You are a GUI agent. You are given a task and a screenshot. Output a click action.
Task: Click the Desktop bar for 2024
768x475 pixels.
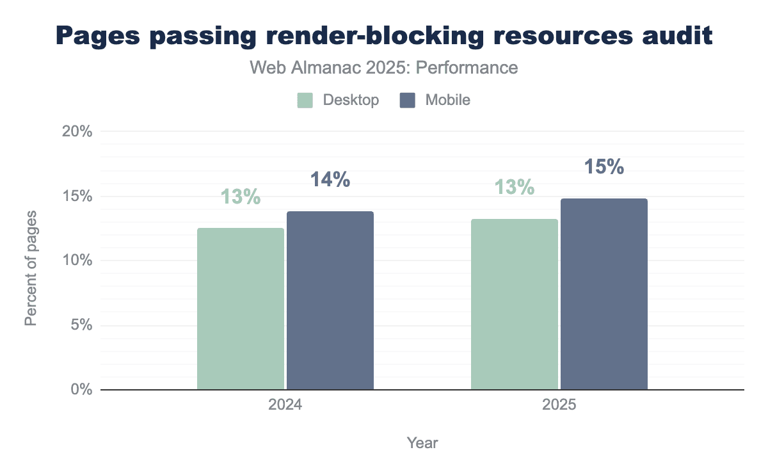click(x=241, y=309)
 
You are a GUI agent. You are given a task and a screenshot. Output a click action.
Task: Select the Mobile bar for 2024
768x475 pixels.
click(x=330, y=300)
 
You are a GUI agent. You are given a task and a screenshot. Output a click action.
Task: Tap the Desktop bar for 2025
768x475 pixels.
click(x=515, y=304)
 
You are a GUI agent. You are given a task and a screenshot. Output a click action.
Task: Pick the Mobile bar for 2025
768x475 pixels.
click(x=604, y=294)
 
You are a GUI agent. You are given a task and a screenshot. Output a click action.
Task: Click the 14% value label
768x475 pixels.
click(x=330, y=180)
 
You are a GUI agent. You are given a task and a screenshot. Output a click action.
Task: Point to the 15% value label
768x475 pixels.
click(x=604, y=167)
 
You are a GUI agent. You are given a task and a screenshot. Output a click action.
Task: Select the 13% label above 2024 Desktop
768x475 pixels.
click(x=241, y=197)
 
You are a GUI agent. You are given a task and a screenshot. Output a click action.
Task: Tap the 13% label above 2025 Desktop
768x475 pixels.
click(x=515, y=188)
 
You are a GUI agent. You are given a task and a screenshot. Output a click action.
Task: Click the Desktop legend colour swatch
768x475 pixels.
click(x=305, y=101)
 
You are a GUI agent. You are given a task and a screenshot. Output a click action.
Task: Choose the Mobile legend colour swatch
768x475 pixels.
click(x=408, y=101)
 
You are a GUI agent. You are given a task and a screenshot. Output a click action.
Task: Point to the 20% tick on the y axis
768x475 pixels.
click(x=77, y=132)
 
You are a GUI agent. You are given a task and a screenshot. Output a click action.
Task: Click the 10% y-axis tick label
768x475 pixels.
click(x=77, y=261)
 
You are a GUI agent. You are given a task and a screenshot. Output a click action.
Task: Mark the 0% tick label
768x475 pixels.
click(x=81, y=390)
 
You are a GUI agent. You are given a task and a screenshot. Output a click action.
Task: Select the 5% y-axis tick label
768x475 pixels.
click(x=81, y=325)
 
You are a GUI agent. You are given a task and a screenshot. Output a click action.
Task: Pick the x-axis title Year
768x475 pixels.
click(x=422, y=443)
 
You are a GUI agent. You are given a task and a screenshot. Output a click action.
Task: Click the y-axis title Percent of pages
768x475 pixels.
click(x=31, y=267)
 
